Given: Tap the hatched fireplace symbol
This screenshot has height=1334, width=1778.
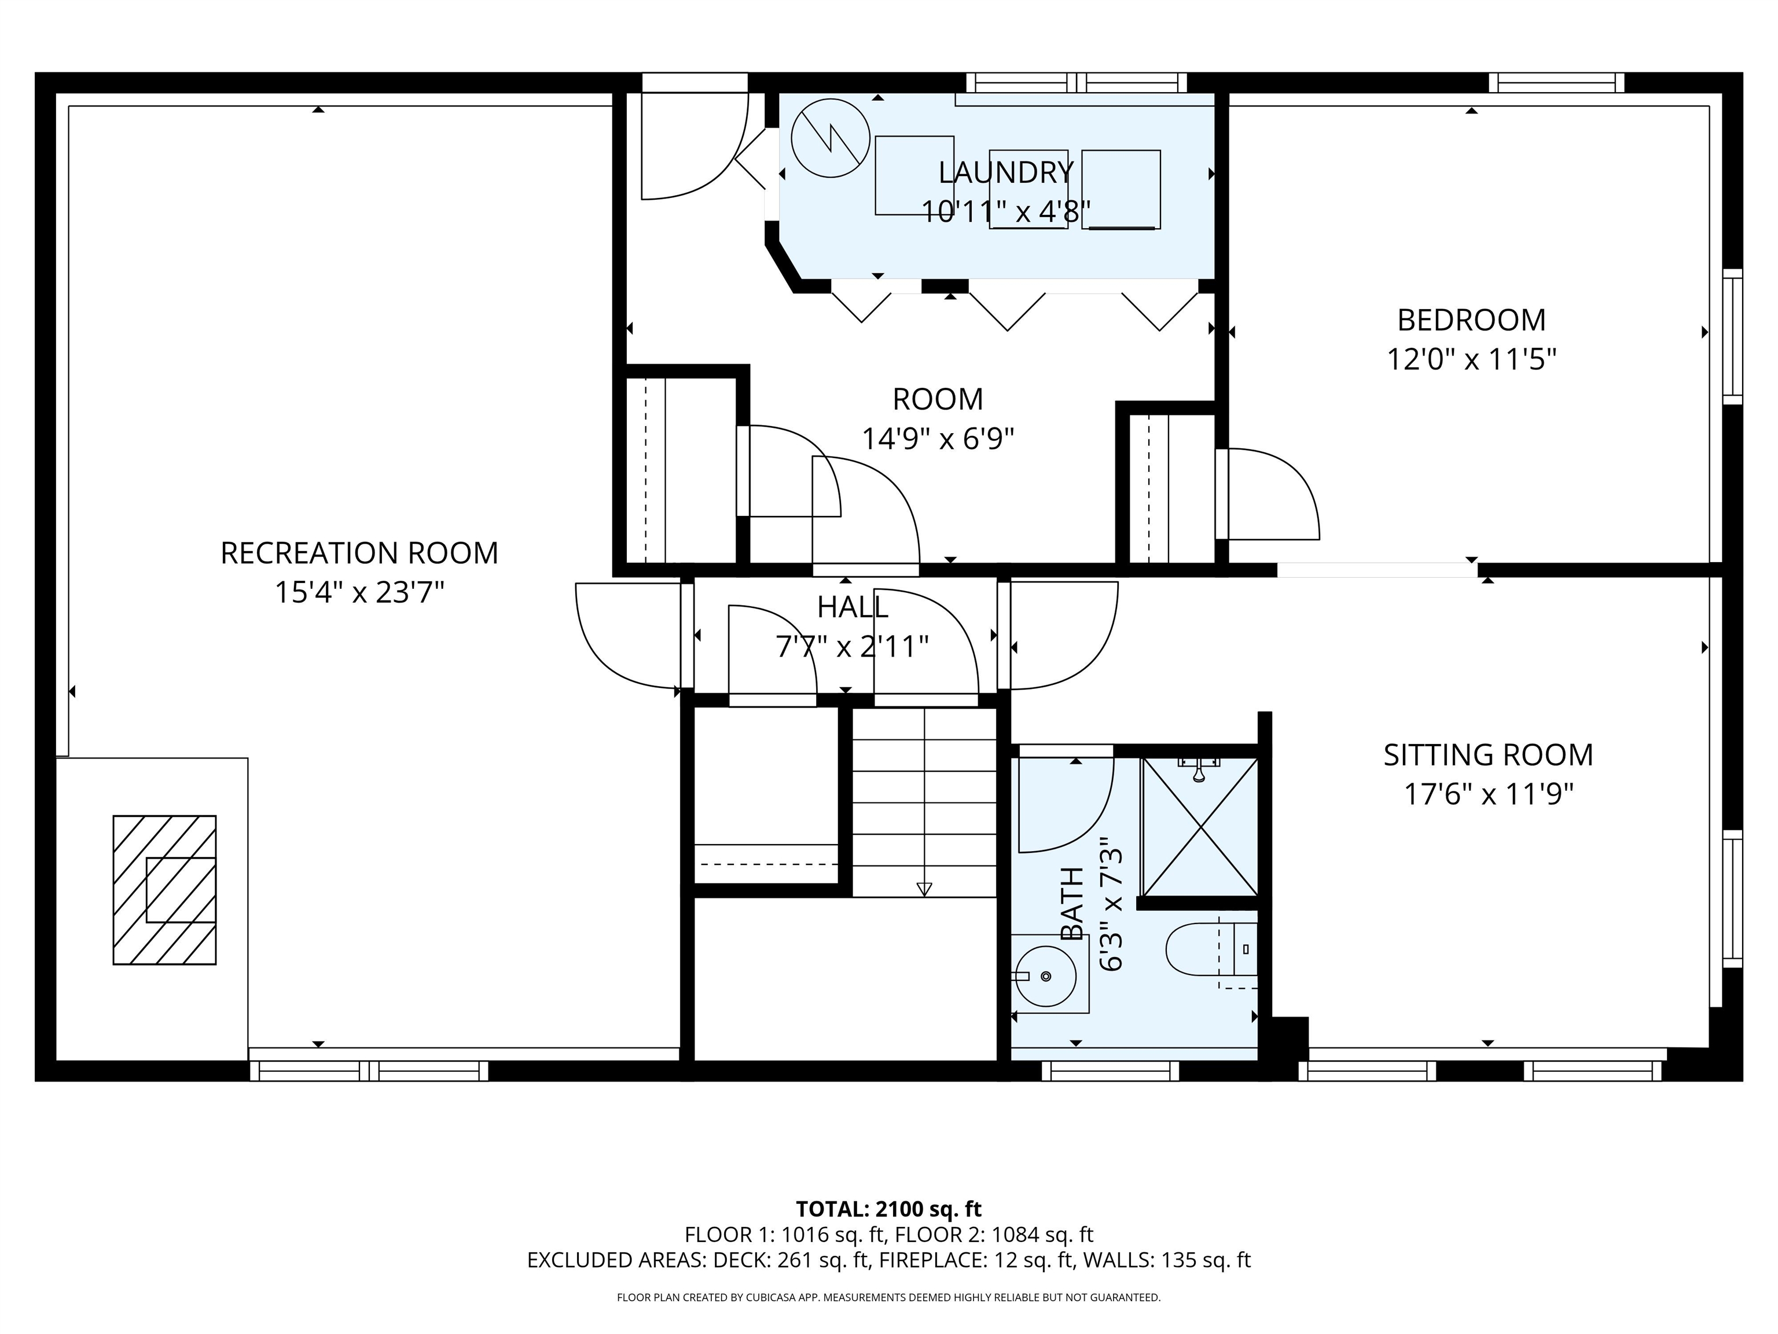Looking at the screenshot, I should [x=164, y=889].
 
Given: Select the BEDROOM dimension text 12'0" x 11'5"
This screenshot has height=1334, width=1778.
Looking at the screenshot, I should [x=1471, y=360].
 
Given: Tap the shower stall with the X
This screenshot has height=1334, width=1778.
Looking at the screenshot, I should [x=1200, y=827].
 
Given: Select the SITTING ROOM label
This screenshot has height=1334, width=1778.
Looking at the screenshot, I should [x=1488, y=755].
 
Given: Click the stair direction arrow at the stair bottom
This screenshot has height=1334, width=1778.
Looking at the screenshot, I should [x=924, y=889].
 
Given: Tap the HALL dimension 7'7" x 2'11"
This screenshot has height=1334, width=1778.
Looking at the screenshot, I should [x=852, y=647].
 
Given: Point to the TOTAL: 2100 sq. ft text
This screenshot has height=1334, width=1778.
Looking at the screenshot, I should [x=888, y=1208].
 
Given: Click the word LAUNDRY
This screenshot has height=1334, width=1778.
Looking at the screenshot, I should [x=1005, y=172].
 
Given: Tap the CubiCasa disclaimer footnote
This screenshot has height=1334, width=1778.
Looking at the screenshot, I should [x=888, y=1297].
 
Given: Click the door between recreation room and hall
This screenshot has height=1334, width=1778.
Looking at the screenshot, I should [x=627, y=635].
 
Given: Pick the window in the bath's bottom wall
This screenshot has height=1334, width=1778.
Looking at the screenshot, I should [x=1110, y=1070].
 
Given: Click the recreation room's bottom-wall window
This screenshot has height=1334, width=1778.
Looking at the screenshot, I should [x=369, y=1070].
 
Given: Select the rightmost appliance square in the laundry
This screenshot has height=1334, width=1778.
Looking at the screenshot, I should [x=1121, y=189].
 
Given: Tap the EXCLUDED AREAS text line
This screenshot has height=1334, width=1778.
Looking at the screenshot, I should [x=888, y=1260].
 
